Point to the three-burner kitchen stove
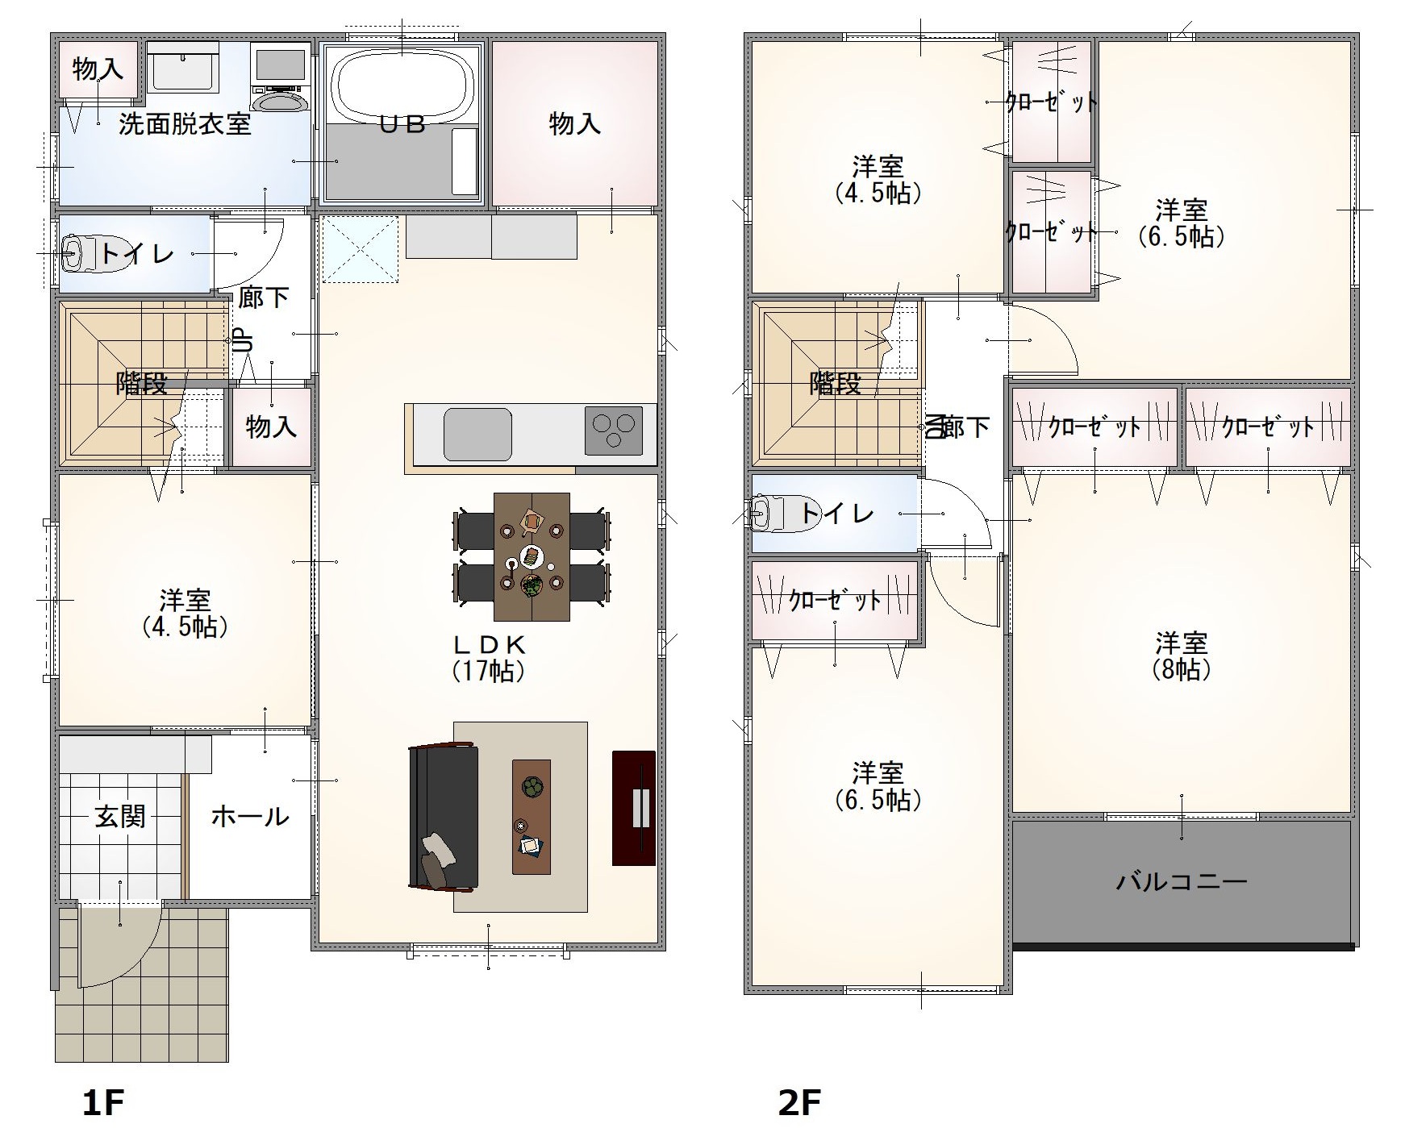(613, 431)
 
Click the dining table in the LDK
(532, 556)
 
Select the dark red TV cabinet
(634, 808)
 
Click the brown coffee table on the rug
(532, 816)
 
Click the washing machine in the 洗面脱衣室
(280, 77)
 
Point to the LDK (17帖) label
(489, 657)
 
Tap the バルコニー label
(1182, 880)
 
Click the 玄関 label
(120, 817)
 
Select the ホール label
(249, 817)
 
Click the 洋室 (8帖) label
(1181, 656)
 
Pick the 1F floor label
(103, 1102)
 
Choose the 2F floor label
(799, 1102)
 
